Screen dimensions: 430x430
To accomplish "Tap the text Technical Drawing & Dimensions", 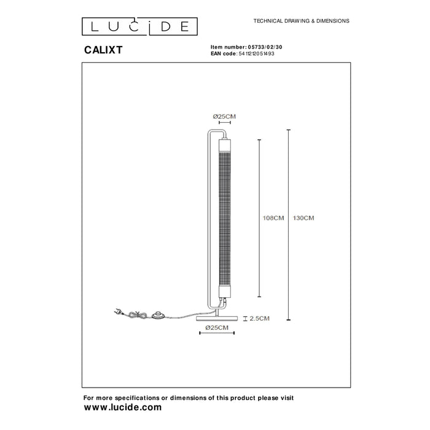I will pos(301,21).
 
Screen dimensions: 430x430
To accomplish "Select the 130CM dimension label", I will pos(305,218).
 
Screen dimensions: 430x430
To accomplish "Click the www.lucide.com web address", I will pos(122,407).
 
